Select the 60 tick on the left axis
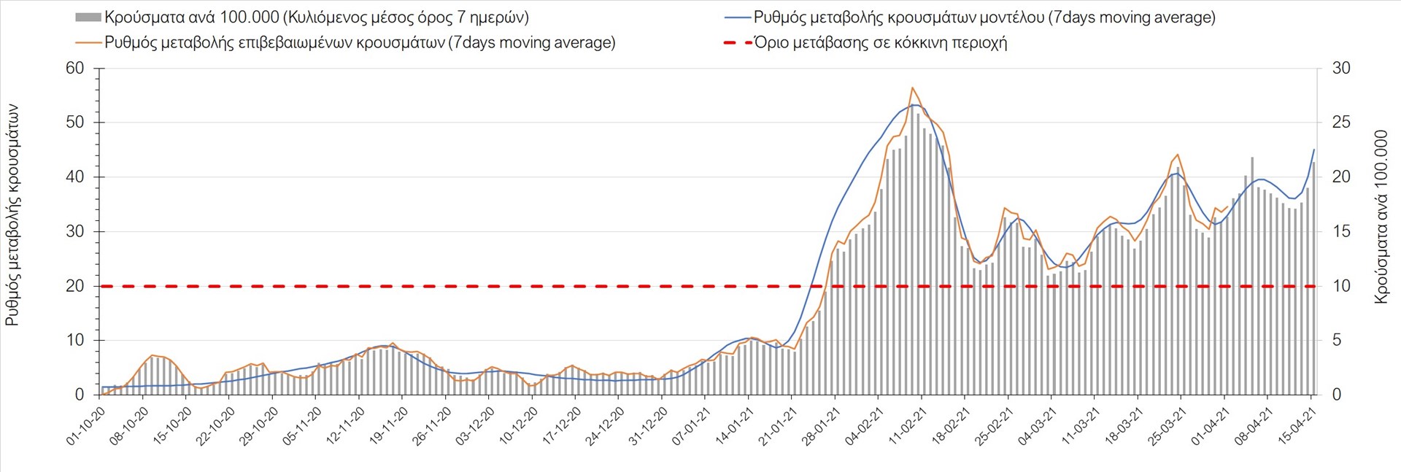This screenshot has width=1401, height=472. [75, 69]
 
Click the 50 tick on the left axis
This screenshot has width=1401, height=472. [75, 123]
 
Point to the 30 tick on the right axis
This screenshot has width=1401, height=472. [1341, 69]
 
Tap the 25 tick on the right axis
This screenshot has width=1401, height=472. [1341, 123]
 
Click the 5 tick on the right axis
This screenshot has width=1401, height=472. [1337, 341]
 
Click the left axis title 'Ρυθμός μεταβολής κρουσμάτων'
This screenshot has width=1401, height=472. [12, 215]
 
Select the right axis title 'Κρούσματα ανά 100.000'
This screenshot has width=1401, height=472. [1381, 217]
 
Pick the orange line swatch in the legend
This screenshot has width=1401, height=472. [88, 42]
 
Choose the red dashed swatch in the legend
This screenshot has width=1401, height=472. [736, 42]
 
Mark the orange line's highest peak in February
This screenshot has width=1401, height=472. [912, 88]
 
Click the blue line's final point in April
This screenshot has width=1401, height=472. [1314, 150]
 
